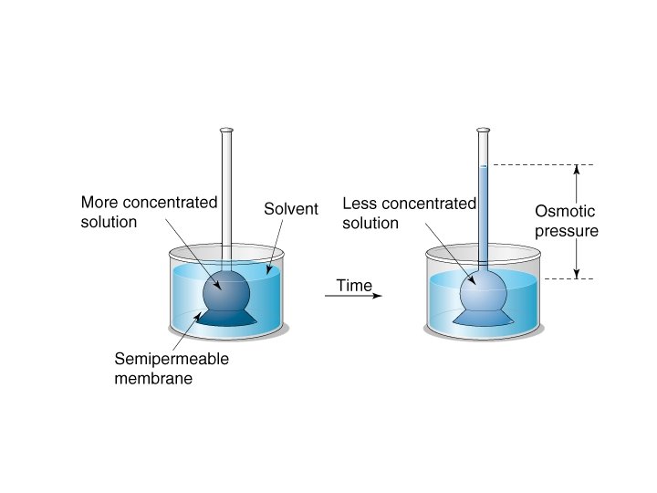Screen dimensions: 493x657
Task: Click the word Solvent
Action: click(291, 209)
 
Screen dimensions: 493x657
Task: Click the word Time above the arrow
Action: click(354, 286)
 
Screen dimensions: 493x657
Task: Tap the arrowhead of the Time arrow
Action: click(377, 296)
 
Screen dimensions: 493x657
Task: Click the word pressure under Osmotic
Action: click(567, 231)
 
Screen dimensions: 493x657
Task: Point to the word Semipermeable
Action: click(172, 358)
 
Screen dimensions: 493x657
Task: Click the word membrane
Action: click(153, 378)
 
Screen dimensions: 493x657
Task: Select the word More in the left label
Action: click(99, 202)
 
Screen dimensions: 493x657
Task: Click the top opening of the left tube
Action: click(226, 131)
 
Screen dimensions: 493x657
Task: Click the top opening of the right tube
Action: click(485, 131)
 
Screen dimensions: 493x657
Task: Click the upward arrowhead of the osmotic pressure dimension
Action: click(577, 169)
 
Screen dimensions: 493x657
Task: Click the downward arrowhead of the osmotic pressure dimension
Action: click(577, 273)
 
